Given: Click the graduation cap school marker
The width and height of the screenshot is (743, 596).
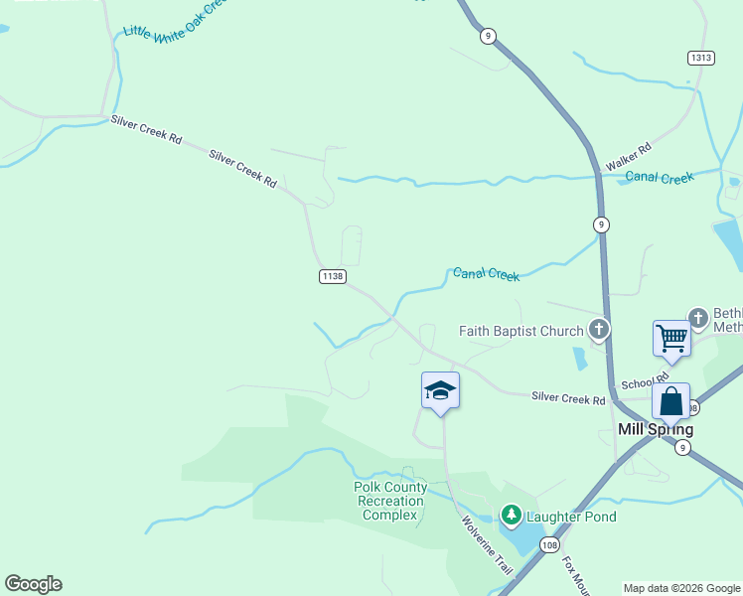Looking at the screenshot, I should [440, 390].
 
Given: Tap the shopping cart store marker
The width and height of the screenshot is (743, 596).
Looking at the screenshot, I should [671, 339].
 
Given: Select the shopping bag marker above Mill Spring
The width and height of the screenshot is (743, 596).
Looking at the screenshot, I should [670, 402].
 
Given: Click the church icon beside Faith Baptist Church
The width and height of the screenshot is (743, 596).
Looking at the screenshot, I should [598, 329].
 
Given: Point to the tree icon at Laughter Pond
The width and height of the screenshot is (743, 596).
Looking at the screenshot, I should [511, 515].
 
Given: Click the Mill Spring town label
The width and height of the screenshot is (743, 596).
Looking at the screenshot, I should [655, 430].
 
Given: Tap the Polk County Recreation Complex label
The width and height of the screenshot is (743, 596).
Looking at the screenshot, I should [390, 501].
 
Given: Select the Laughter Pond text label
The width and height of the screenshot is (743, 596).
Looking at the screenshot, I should [571, 517].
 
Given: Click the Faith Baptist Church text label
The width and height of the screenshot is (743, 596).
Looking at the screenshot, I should [520, 330].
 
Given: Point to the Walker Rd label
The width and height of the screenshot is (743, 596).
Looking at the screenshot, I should [628, 155].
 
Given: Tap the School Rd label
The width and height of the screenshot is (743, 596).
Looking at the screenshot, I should [645, 382].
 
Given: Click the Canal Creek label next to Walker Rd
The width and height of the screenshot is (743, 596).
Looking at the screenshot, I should [660, 178].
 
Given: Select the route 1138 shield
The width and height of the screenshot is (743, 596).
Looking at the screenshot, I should [332, 276].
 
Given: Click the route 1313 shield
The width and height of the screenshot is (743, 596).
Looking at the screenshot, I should [700, 58].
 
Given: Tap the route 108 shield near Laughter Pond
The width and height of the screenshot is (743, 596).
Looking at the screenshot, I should [549, 544].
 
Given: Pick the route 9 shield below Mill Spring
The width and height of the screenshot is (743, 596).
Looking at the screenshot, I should [681, 448].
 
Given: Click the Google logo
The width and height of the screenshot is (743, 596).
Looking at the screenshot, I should [33, 584].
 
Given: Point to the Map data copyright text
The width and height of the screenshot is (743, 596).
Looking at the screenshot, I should [681, 588].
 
